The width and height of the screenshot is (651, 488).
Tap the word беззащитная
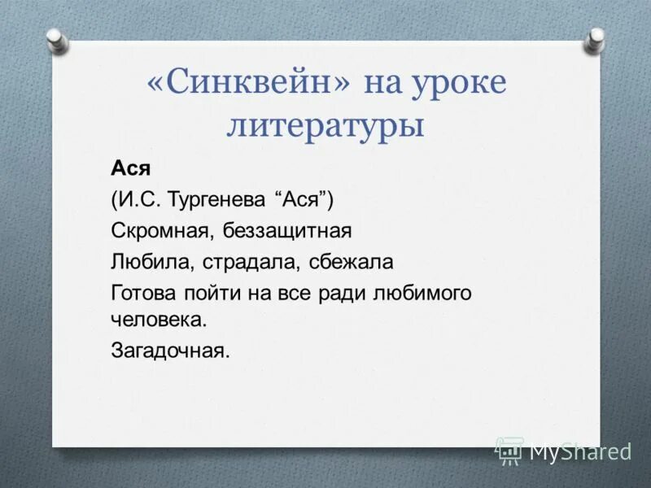tap(286, 232)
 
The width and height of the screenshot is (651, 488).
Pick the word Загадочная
tap(171, 351)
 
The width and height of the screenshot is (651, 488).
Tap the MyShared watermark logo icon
tap(509, 450)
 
